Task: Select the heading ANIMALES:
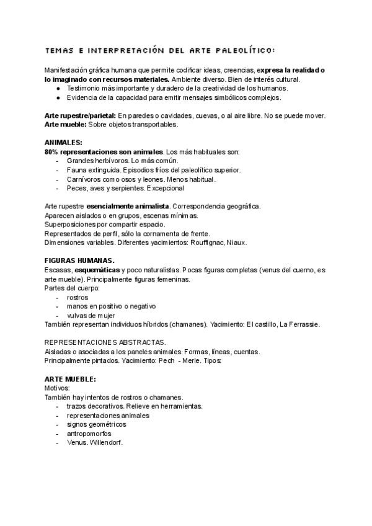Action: click(64, 143)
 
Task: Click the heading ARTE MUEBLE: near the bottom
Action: click(70, 378)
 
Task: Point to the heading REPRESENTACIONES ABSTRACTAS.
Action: click(105, 342)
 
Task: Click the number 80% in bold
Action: click(52, 151)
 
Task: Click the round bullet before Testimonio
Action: click(58, 88)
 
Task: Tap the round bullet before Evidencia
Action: click(58, 97)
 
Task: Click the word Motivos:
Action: click(58, 388)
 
